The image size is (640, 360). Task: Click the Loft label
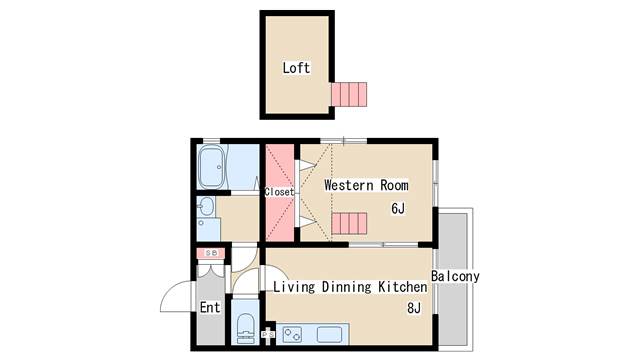coord(296,68)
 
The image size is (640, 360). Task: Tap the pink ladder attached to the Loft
coord(349,94)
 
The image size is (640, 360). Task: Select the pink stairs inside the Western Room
coord(349,223)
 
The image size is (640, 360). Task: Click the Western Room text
coord(366,185)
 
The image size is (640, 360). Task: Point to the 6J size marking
coord(398,209)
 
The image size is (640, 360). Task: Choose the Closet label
coord(279,192)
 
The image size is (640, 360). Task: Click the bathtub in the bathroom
coord(212,167)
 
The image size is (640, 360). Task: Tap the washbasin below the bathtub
coord(207,207)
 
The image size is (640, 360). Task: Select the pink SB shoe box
coord(211,253)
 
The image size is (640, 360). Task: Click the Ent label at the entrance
coord(210,307)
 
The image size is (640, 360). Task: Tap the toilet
coord(245,325)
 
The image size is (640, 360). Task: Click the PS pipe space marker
coord(268,335)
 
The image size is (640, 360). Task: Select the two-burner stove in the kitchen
coord(292,334)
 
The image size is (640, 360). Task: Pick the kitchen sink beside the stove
coord(329,334)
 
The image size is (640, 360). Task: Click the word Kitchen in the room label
coord(402,287)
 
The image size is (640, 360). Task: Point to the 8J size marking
coord(414,308)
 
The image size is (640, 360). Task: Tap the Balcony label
coord(455,276)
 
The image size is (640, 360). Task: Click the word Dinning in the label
coord(347,287)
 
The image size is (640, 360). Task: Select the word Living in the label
coord(294,287)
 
